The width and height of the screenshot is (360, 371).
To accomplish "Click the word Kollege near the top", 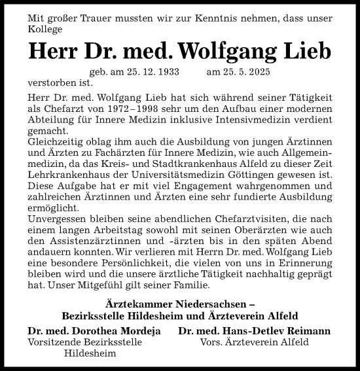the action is point(46,29).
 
